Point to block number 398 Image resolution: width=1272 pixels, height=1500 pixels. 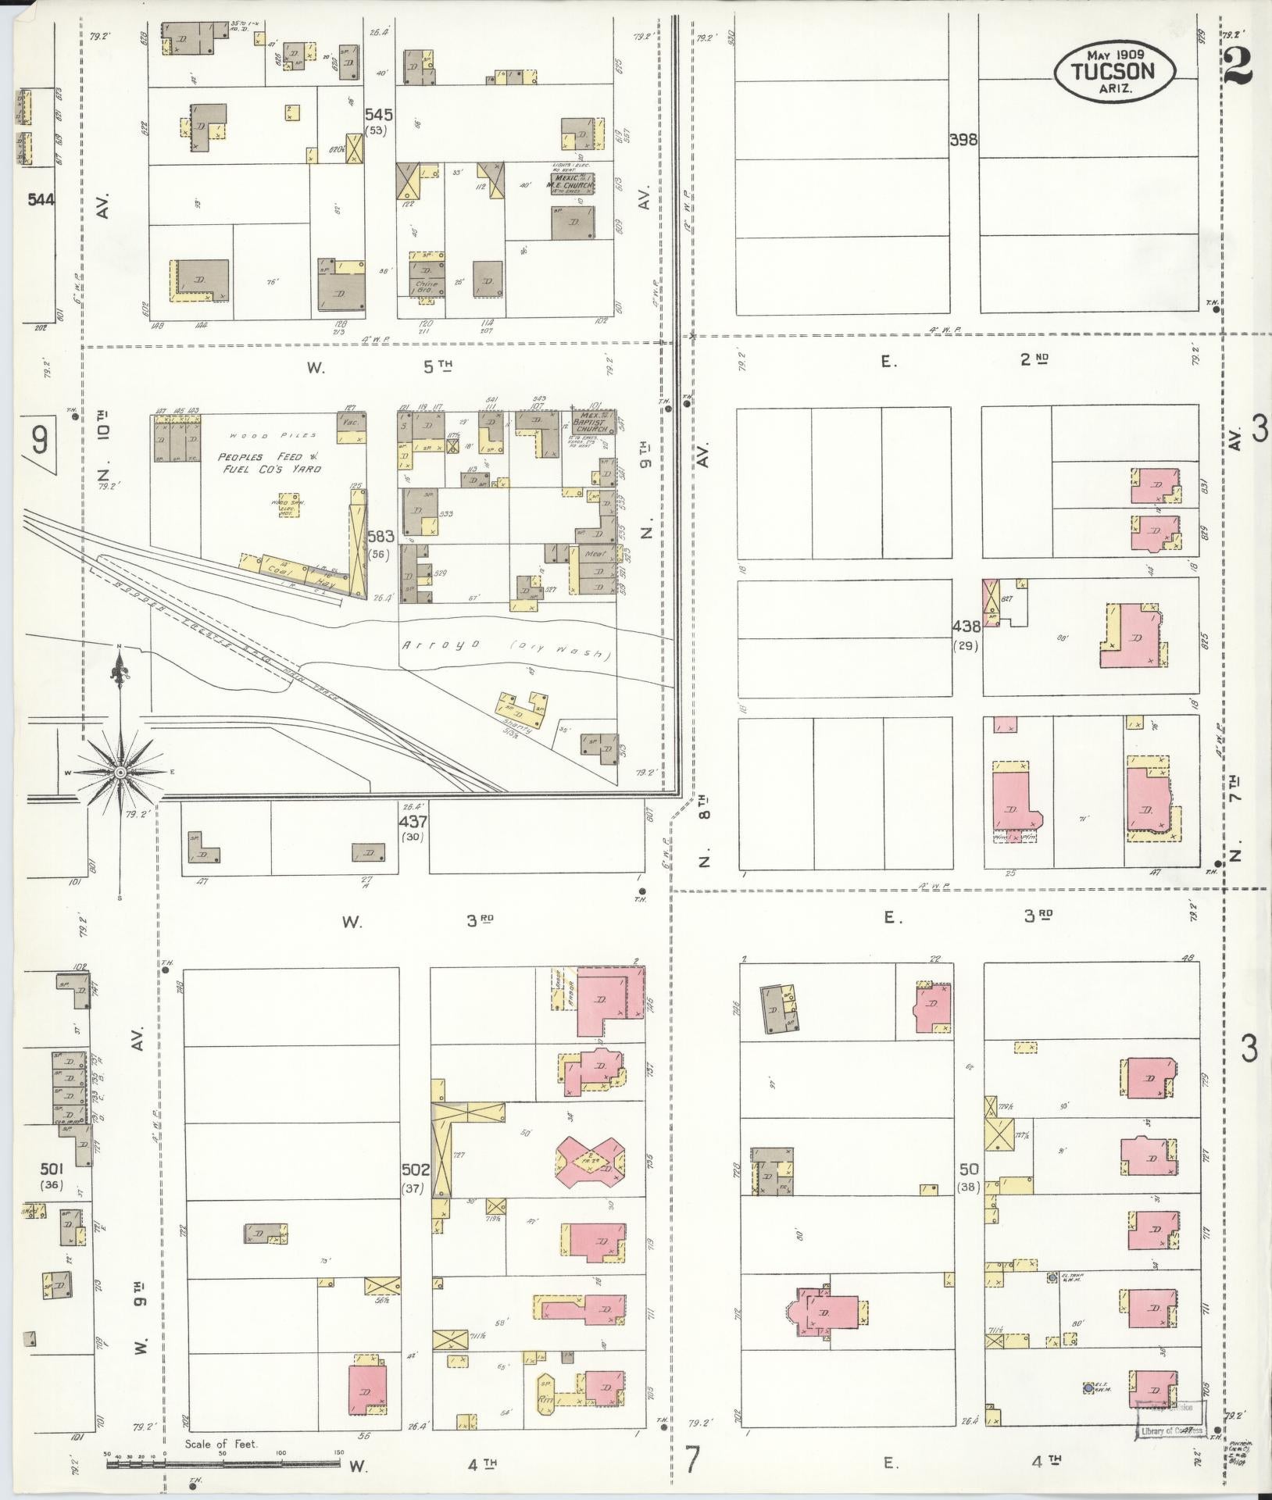pyautogui.click(x=963, y=141)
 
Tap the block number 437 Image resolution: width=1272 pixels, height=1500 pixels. pyautogui.click(x=413, y=822)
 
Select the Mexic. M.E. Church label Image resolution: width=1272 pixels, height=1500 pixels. pyautogui.click(x=572, y=182)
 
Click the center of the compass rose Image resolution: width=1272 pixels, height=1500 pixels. pyautogui.click(x=120, y=772)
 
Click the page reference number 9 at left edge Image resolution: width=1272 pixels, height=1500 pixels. pyautogui.click(x=39, y=442)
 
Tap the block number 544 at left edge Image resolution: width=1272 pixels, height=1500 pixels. pyautogui.click(x=40, y=199)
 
